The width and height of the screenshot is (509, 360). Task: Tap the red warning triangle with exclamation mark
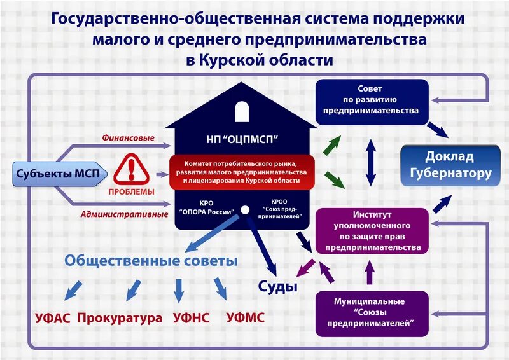pos(132,169)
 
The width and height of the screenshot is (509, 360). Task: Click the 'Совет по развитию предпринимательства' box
pos(370,102)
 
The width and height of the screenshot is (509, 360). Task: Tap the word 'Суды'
pos(277,286)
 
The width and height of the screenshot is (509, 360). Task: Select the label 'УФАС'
pos(52,317)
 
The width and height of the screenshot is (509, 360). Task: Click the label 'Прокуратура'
pos(120,317)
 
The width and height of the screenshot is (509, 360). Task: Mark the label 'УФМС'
pos(245,317)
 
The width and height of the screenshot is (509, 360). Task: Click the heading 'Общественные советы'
pos(151,261)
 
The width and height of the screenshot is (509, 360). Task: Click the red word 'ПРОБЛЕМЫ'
pos(132,191)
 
